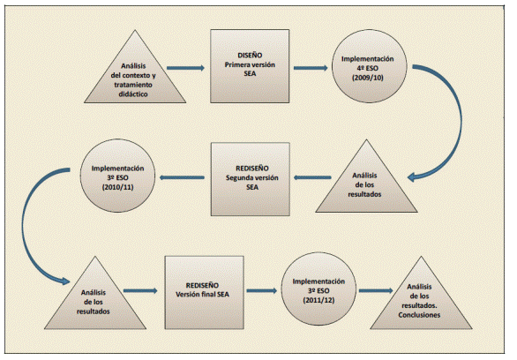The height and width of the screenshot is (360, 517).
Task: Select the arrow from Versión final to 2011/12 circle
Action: tap(257, 289)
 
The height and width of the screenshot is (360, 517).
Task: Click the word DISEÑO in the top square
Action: tap(250, 53)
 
